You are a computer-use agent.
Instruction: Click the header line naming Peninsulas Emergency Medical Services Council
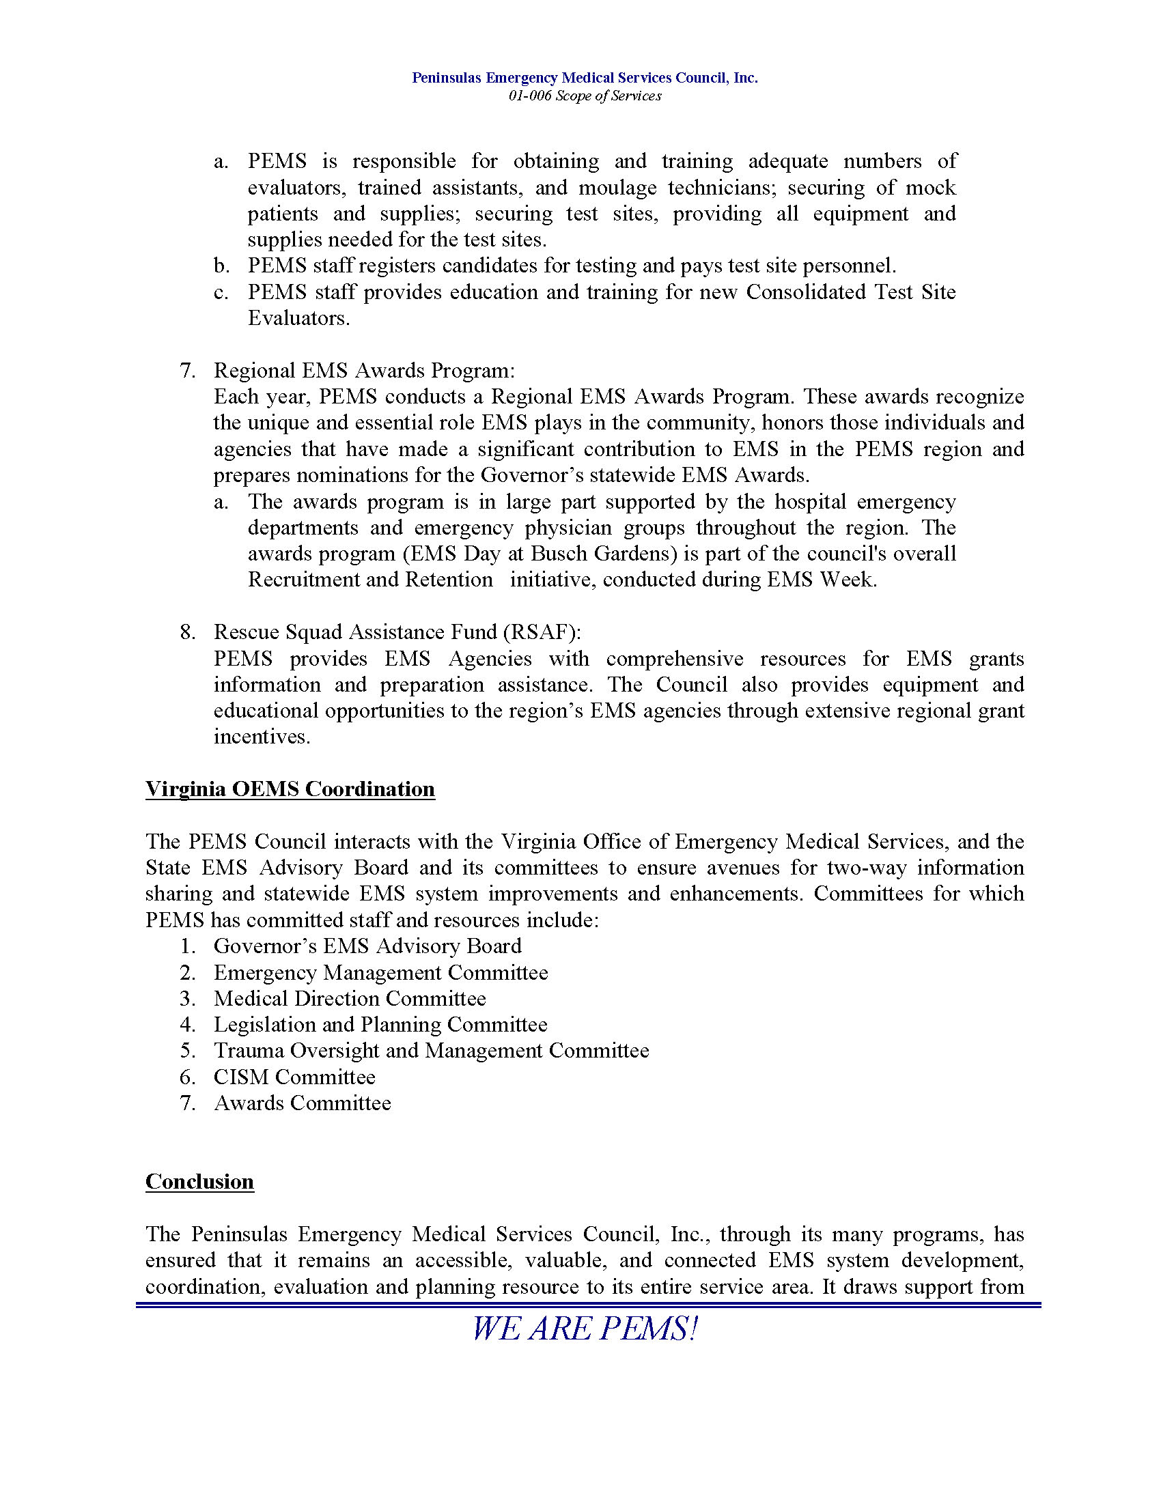(x=585, y=78)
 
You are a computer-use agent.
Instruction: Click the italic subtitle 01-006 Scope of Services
(x=585, y=96)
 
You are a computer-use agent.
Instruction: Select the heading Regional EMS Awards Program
(x=364, y=370)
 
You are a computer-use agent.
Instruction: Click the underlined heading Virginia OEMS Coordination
(x=290, y=789)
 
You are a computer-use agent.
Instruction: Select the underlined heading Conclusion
(x=199, y=1182)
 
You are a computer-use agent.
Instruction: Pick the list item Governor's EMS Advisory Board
(x=367, y=946)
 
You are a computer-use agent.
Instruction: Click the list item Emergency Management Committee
(x=380, y=972)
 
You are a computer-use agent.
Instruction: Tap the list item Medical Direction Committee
(x=350, y=998)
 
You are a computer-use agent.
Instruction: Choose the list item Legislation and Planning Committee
(x=380, y=1024)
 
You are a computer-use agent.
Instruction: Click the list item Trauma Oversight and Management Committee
(x=431, y=1050)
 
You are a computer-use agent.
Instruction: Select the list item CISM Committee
(x=294, y=1076)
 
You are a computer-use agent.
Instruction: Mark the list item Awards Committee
(x=302, y=1103)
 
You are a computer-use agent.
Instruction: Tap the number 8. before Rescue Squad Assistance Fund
(x=187, y=632)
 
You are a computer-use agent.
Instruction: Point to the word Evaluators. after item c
(x=298, y=317)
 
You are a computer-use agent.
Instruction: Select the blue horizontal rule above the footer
(x=588, y=1305)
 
